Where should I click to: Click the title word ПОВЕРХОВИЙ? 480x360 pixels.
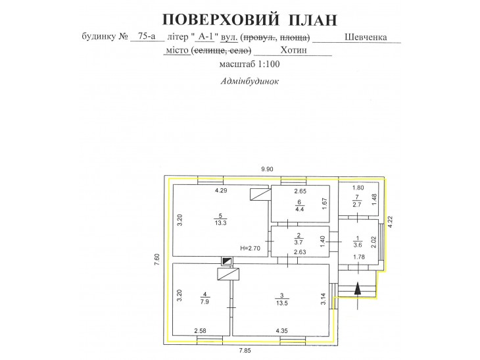pos(220,20)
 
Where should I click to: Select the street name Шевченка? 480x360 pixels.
pos(366,37)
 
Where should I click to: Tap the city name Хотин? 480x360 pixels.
pos(293,50)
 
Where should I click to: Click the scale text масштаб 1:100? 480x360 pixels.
pos(249,64)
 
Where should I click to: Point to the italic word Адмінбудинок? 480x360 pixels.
pos(249,81)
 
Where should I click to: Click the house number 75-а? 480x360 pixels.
pos(147,36)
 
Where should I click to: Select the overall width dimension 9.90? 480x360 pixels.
pos(267,169)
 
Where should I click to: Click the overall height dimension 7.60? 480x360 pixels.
pos(157,259)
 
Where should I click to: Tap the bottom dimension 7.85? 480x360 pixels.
pos(245,351)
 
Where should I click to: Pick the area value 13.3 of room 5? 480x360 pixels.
pos(220,222)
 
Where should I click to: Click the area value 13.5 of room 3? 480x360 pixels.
pos(281,303)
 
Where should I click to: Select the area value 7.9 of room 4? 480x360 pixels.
pos(204,302)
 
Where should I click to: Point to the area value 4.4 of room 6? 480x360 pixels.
pos(299,209)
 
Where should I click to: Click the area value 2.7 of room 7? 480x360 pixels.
pos(357,205)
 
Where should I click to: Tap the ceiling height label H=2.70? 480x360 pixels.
pos(250,248)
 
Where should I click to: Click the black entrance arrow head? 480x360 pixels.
pos(357,289)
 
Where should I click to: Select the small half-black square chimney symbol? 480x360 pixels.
pos(227,261)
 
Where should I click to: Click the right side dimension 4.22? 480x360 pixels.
pos(390,222)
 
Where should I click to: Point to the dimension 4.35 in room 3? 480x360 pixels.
pos(281,330)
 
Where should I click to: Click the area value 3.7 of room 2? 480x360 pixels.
pos(299,242)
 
